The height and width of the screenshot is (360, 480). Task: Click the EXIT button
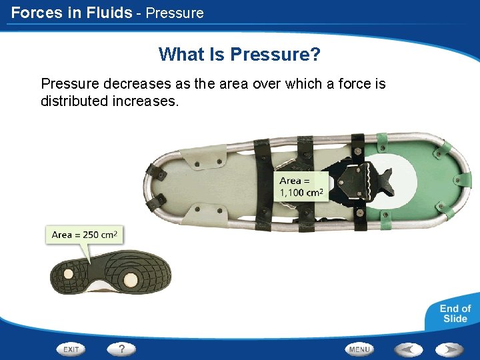coord(71,349)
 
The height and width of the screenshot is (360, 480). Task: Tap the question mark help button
coord(121,349)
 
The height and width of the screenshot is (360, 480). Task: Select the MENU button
coord(359,349)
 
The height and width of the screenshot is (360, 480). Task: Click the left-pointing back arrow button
coord(408,349)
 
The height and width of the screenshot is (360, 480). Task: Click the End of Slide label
coord(455,313)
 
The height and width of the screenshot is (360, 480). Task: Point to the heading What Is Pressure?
coord(239,54)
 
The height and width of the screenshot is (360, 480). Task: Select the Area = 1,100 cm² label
coord(301,187)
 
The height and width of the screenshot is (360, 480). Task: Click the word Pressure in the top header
coord(175,13)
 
